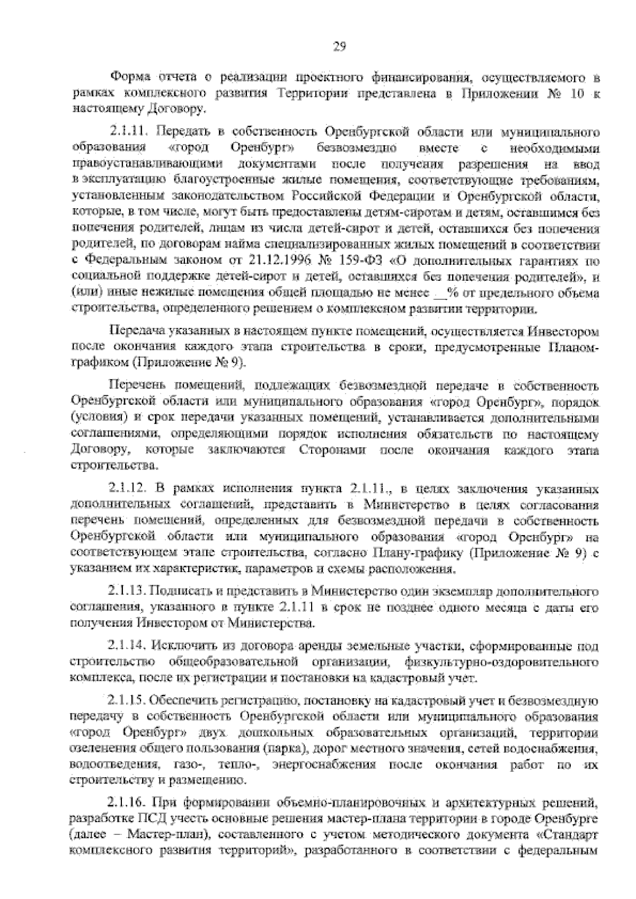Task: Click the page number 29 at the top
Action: tap(339, 46)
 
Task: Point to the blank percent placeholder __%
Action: tap(439, 292)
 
